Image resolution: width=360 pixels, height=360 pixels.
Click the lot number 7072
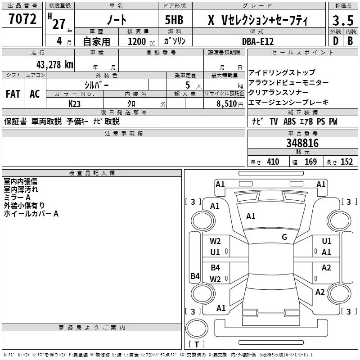(22, 19)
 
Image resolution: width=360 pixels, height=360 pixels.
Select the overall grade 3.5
(343, 20)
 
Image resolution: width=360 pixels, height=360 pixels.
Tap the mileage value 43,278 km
(54, 65)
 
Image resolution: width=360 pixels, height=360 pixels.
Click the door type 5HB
(174, 20)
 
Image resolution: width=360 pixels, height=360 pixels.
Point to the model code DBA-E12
(258, 41)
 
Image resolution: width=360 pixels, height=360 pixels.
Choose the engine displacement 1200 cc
(141, 41)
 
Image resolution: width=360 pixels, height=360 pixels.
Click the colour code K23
(74, 104)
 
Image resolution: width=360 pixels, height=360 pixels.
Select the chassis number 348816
(302, 143)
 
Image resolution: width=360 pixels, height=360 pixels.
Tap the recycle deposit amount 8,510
(227, 104)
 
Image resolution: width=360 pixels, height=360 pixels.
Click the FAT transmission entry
(13, 94)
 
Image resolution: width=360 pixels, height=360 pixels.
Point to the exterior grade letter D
(336, 41)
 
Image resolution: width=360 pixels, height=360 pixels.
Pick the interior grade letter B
(350, 41)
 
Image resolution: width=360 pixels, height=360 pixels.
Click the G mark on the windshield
(284, 237)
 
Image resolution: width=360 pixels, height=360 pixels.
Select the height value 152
(346, 162)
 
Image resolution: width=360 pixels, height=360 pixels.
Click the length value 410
(273, 162)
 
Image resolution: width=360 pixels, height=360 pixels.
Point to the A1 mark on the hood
(251, 216)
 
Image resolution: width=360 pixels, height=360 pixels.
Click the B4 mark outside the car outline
(195, 276)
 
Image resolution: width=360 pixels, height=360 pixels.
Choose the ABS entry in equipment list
(289, 121)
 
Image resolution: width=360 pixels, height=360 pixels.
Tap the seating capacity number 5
(188, 85)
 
